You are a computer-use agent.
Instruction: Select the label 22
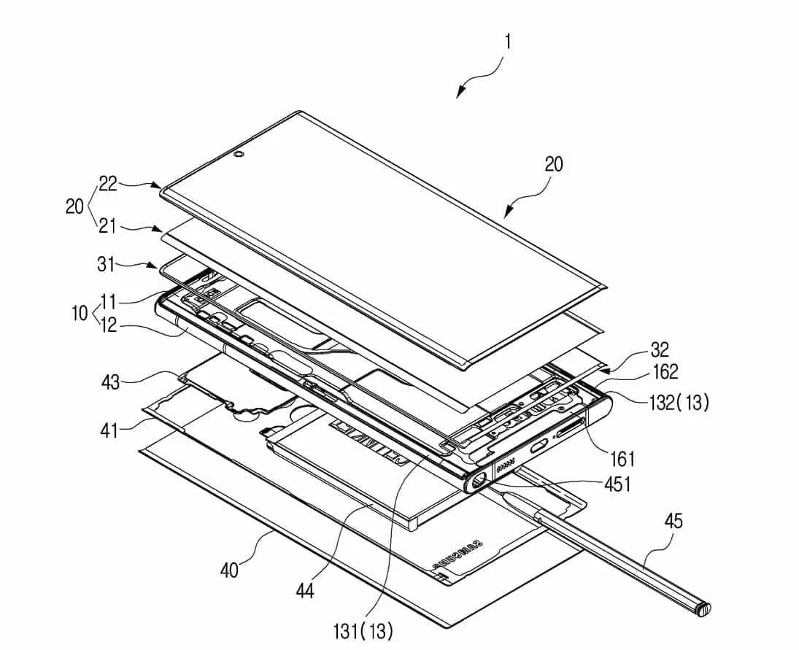coord(108,185)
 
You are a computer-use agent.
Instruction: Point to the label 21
coord(108,226)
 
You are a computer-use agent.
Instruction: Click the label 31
coord(107,264)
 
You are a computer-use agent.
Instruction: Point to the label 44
coord(304,590)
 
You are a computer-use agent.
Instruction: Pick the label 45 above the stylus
coord(674,520)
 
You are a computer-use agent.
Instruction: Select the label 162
coord(663,373)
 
